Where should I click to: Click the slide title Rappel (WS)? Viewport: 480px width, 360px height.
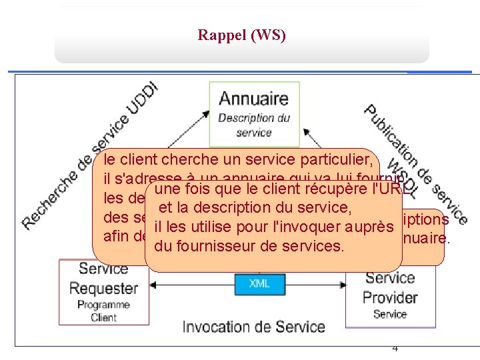(x=241, y=35)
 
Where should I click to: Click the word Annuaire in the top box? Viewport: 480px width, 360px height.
(x=254, y=99)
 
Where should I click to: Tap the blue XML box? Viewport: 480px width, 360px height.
(x=259, y=283)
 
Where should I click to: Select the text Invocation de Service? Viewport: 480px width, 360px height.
(x=253, y=327)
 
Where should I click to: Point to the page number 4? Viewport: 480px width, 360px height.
(x=395, y=347)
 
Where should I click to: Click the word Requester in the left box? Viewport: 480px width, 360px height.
(x=103, y=289)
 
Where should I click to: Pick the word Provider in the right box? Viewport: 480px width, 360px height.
(x=391, y=297)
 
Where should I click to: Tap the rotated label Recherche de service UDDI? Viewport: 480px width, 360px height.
(x=90, y=157)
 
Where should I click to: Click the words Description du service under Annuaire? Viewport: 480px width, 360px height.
(x=254, y=125)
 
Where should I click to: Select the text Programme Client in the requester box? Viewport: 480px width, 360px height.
(x=103, y=311)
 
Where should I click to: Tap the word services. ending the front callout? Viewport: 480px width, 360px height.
(x=313, y=246)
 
